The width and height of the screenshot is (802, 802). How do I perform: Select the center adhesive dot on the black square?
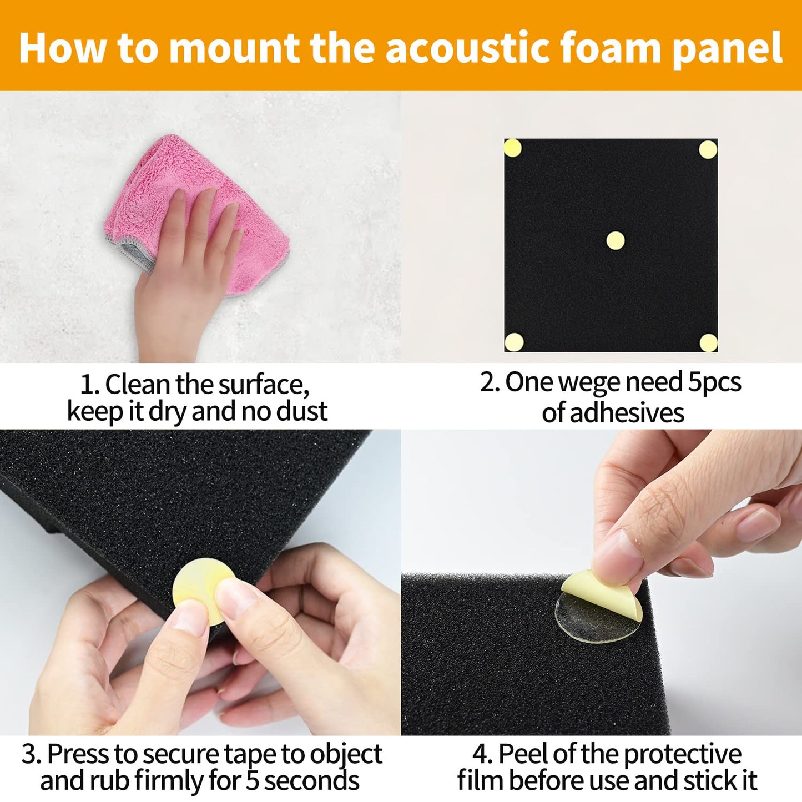tap(615, 240)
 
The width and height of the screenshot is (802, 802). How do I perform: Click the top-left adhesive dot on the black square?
tap(512, 148)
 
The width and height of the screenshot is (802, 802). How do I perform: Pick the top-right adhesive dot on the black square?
tap(708, 149)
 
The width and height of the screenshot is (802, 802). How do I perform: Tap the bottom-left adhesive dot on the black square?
tap(514, 342)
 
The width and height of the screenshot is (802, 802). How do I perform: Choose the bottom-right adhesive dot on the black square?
tap(708, 342)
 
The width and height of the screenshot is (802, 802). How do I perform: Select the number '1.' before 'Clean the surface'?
tap(89, 385)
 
